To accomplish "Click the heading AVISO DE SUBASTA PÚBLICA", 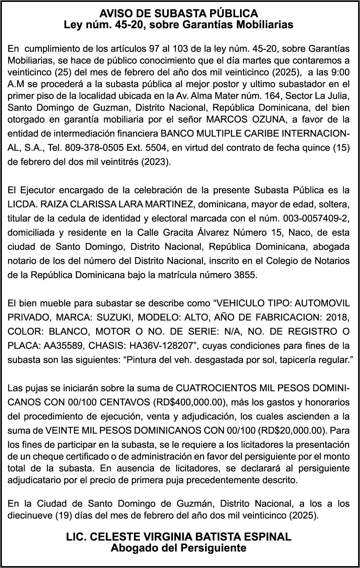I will coord(179,14).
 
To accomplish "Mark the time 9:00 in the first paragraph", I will coord(341,72).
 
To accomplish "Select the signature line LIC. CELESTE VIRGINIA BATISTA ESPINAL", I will coord(179,537).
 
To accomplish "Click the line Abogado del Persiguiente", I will coord(179,548).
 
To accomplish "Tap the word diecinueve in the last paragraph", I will coord(28,515).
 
